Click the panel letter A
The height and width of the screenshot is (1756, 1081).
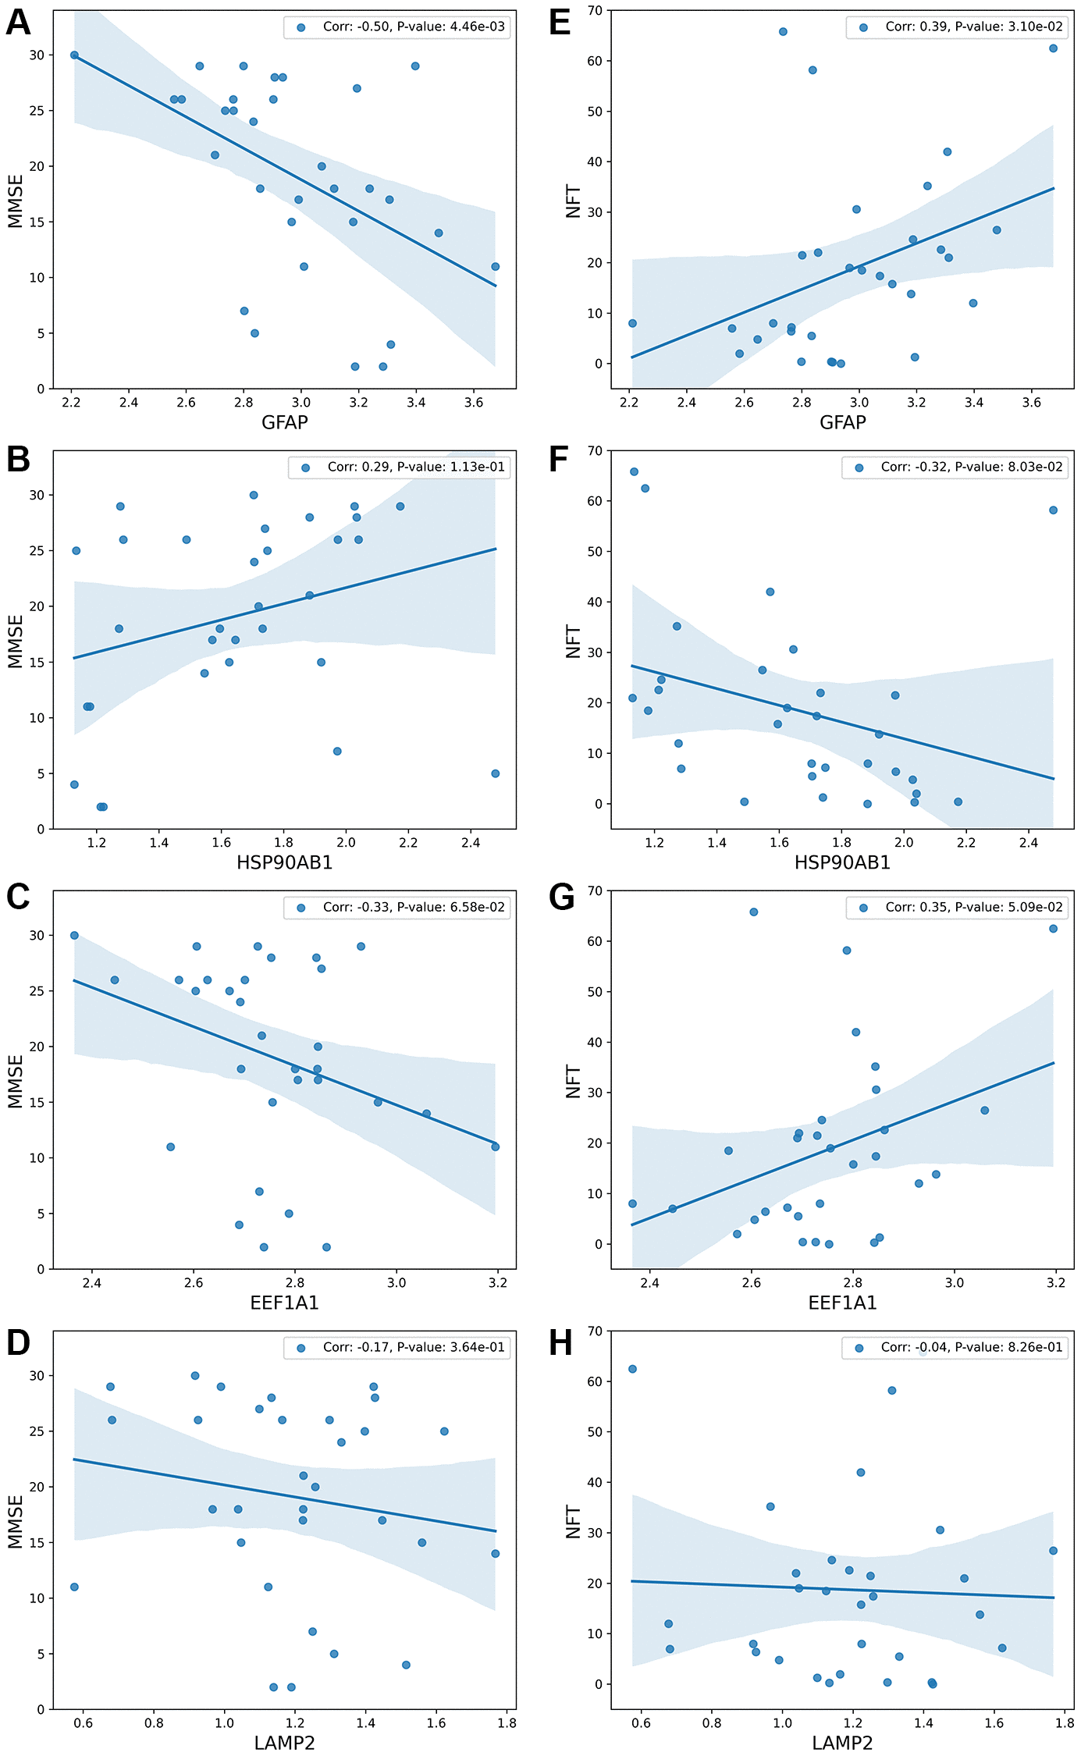click(x=19, y=23)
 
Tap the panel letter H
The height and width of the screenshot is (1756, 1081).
click(x=561, y=1343)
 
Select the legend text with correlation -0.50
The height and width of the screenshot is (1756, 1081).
click(x=414, y=27)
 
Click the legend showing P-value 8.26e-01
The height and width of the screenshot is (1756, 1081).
click(x=971, y=1347)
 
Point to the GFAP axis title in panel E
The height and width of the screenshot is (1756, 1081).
click(x=842, y=422)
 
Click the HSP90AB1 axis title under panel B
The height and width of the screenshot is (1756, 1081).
click(x=284, y=862)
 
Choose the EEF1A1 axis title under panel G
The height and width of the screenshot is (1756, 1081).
click(x=842, y=1303)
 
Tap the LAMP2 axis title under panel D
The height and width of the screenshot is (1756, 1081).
click(x=284, y=1743)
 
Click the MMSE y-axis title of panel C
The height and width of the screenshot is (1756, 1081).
click(x=16, y=1081)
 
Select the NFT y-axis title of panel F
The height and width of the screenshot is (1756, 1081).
click(x=574, y=641)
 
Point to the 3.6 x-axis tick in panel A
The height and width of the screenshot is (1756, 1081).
click(x=474, y=403)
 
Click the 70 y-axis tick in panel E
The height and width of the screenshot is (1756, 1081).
click(x=595, y=11)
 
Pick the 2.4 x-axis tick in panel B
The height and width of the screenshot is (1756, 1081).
click(x=471, y=843)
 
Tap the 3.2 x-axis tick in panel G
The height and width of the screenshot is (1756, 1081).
click(x=1055, y=1283)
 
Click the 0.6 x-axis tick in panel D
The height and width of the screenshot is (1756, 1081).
click(x=84, y=1723)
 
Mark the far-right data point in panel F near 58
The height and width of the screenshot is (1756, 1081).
click(x=1053, y=510)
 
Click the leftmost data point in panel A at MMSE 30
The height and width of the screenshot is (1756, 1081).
click(x=74, y=55)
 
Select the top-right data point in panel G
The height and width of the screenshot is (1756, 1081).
click(x=1053, y=929)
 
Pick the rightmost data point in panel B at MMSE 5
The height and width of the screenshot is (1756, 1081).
click(x=495, y=773)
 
